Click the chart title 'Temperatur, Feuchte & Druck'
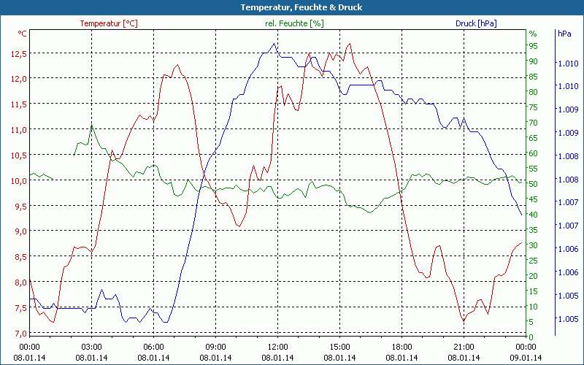[291, 7]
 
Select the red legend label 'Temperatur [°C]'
[109, 23]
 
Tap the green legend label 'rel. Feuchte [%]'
[293, 23]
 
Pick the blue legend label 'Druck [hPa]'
[476, 23]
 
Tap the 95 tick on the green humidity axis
[533, 46]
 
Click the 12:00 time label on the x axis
[277, 347]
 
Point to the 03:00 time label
[91, 347]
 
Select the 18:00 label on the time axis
[401, 347]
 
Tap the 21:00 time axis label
[464, 347]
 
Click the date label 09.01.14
[526, 357]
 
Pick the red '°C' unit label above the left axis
[23, 34]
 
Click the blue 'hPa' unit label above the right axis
[564, 34]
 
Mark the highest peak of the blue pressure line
[274, 43]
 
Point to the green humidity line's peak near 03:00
[91, 126]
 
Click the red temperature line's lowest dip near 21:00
[463, 320]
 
